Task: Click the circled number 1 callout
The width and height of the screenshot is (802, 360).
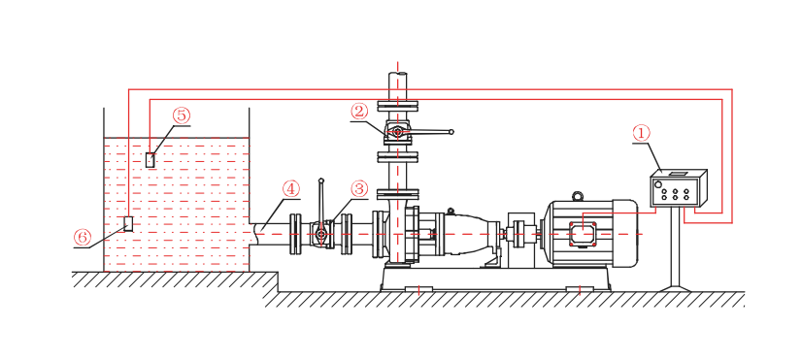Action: point(641,134)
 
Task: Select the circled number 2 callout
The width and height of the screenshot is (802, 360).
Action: point(359,111)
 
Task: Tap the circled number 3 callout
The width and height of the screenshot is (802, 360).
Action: point(359,188)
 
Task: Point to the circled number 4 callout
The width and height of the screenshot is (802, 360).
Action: point(290,188)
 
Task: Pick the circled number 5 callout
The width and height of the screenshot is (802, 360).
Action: point(181,115)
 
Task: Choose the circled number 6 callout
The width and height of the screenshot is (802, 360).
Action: point(82,237)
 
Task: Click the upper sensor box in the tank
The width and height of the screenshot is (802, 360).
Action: point(150,159)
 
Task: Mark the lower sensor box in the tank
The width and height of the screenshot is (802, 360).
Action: point(128,223)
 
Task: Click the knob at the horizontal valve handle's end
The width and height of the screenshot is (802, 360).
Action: point(451,132)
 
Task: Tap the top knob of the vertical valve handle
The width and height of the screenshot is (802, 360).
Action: point(320,180)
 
